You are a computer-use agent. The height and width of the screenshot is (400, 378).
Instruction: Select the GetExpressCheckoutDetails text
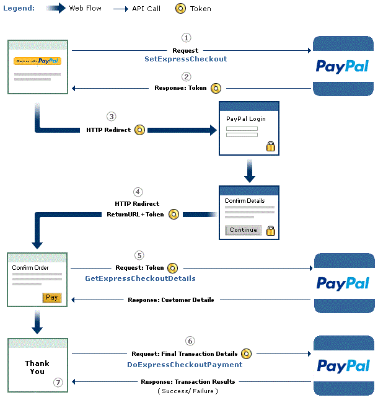[140, 279]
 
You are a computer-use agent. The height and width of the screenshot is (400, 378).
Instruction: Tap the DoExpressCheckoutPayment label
[185, 365]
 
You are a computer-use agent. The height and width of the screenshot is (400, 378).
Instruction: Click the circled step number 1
[186, 38]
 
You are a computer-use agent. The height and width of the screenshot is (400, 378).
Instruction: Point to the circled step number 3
[111, 116]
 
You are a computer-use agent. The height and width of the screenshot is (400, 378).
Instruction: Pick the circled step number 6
[190, 341]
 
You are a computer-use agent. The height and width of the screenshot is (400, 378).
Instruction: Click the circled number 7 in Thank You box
[58, 382]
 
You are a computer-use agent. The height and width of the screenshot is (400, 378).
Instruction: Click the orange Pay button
[52, 298]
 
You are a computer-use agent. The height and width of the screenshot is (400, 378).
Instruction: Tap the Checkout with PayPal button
[37, 61]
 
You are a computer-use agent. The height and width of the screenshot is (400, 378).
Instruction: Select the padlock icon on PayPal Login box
[270, 146]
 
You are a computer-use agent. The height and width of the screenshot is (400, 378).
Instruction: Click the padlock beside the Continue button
[270, 230]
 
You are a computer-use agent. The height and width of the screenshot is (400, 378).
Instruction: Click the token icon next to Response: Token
[216, 88]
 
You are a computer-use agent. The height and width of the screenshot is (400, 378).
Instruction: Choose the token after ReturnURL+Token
[174, 214]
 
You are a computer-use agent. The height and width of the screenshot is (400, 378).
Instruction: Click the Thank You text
[37, 367]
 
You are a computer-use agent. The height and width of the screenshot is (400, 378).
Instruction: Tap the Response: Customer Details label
[171, 300]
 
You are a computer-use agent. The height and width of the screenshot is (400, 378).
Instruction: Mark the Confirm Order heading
[31, 268]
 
